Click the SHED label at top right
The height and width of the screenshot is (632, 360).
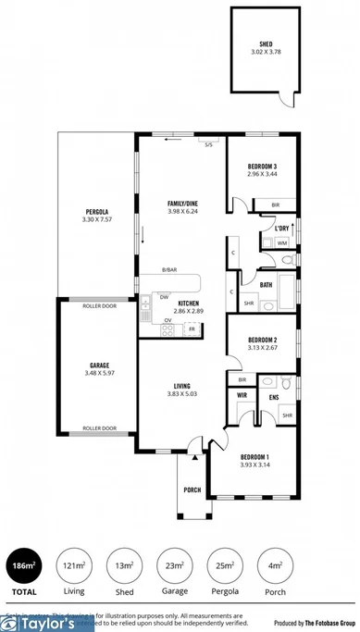266,43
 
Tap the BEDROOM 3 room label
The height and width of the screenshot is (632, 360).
262,166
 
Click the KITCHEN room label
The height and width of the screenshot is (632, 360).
189,304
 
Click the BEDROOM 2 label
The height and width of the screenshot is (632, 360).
263,340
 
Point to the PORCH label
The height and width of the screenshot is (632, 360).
192,490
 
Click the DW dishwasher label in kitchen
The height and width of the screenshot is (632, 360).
163,297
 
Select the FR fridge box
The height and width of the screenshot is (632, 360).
192,328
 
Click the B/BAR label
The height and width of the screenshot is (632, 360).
169,269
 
